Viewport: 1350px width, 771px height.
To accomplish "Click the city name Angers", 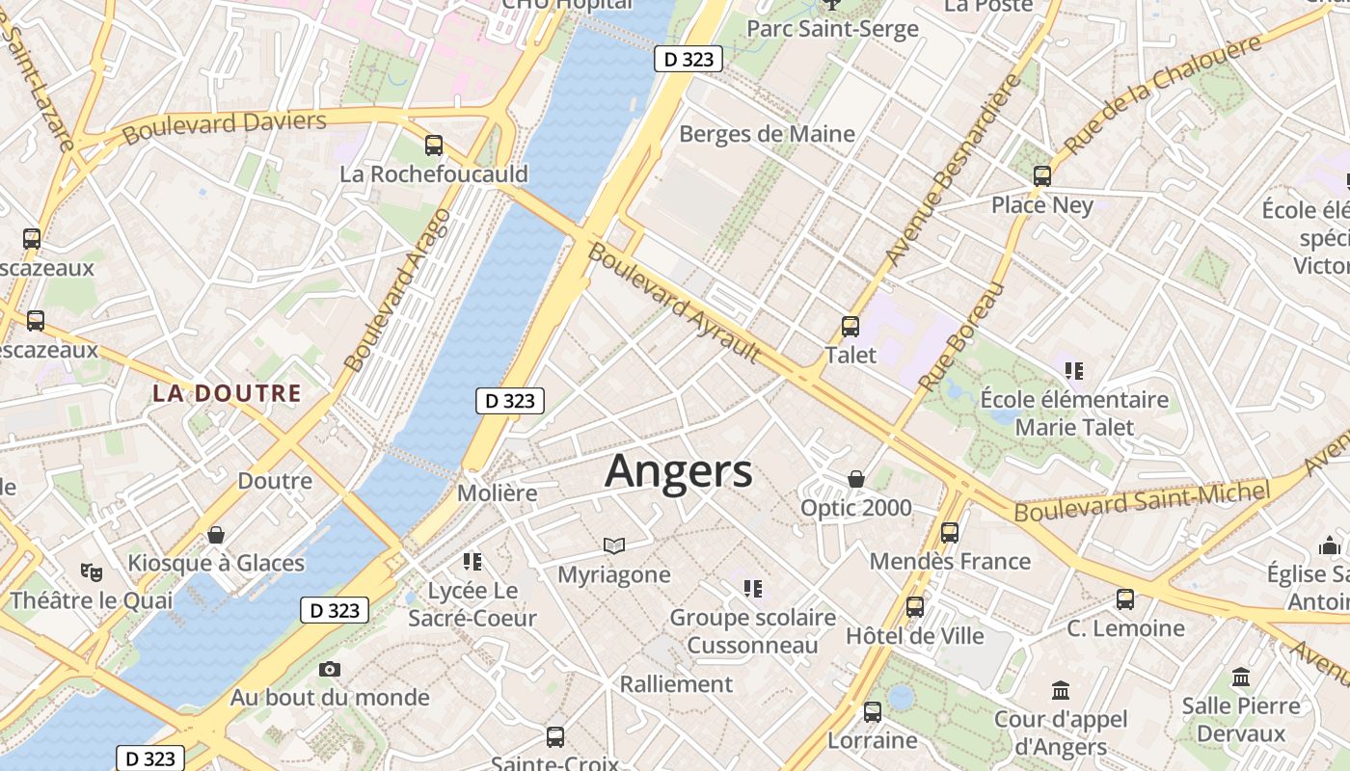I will tap(678, 471).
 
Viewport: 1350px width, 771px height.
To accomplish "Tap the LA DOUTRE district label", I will tap(227, 393).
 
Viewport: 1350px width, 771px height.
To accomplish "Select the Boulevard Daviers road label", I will tap(225, 126).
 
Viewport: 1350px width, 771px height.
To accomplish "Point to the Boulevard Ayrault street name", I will tap(673, 303).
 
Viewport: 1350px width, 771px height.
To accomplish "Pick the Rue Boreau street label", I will tap(961, 336).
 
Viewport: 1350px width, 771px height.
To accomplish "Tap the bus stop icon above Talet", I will tap(850, 327).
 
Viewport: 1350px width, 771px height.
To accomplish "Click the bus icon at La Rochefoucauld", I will tap(434, 146).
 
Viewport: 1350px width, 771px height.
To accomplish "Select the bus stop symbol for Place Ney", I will tap(1041, 176).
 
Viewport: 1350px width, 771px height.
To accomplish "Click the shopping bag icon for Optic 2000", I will tap(855, 479).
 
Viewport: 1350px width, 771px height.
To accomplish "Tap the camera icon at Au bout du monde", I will tap(330, 669).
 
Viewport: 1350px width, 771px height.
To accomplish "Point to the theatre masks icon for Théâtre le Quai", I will tap(92, 572).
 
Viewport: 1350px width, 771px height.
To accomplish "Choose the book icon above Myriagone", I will tap(614, 546).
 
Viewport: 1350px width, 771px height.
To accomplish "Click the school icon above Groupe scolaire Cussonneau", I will tap(753, 588).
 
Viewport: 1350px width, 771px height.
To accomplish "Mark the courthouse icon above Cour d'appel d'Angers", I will tap(1061, 690).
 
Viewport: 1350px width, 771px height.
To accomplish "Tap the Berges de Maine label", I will tap(767, 134).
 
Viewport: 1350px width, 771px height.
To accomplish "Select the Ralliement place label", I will tap(676, 684).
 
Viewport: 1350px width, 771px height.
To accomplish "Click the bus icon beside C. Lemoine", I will tap(1125, 599).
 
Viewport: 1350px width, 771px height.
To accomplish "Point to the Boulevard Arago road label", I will tap(397, 289).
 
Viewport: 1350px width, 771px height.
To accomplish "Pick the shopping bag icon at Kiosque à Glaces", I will tap(216, 535).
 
